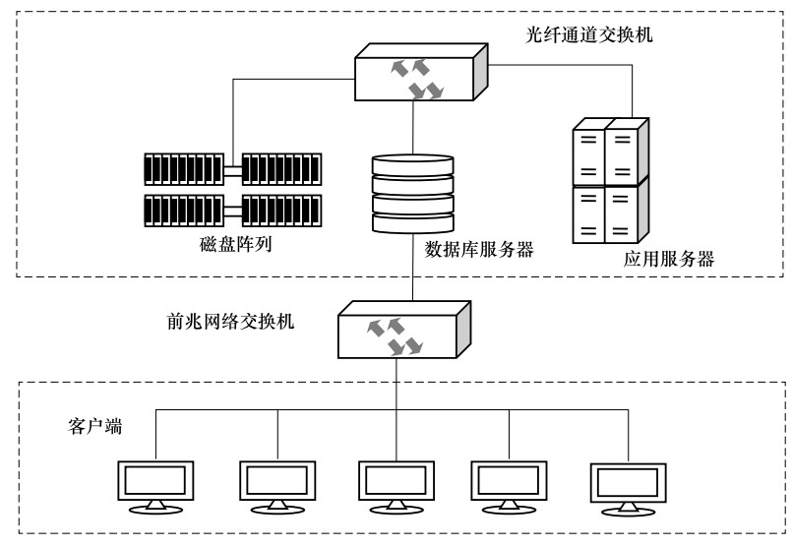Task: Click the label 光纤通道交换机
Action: tap(589, 34)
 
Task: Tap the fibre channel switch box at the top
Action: tap(421, 72)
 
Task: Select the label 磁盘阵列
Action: tap(236, 244)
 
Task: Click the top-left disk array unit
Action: tap(184, 169)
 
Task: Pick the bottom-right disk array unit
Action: tap(281, 211)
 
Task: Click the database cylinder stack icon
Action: tap(412, 194)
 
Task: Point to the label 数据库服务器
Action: tap(479, 250)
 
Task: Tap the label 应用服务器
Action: tap(669, 259)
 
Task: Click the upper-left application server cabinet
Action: tap(589, 152)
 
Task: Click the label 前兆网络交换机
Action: tap(230, 322)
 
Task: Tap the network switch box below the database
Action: tap(404, 330)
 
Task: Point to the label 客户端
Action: tap(95, 426)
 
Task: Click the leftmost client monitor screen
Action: tap(155, 480)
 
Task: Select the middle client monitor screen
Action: tap(396, 480)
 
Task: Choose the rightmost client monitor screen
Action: tap(629, 483)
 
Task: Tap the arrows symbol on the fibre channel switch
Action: tap(417, 79)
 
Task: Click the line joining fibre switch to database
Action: tap(412, 128)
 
